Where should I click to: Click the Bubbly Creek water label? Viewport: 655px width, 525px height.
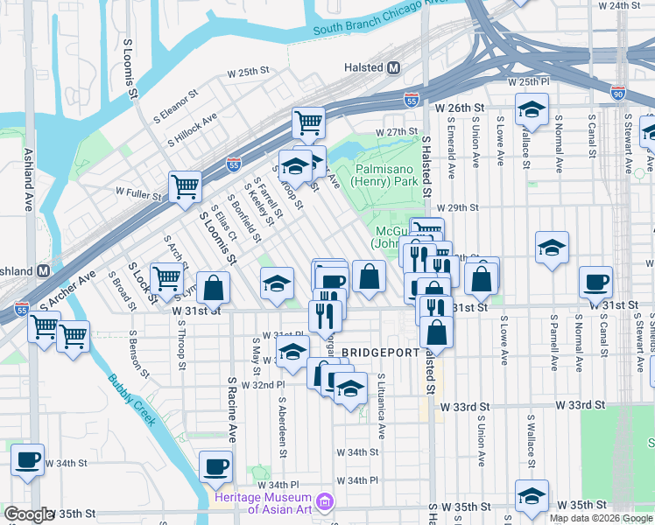click(x=132, y=400)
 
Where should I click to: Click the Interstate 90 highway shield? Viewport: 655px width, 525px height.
click(x=618, y=92)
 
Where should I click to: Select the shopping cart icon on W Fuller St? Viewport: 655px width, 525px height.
click(x=186, y=185)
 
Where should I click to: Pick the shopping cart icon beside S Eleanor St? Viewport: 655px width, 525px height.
click(x=308, y=122)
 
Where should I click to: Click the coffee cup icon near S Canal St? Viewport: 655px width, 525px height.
click(x=595, y=282)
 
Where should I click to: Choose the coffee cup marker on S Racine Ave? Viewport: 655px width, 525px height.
click(x=215, y=465)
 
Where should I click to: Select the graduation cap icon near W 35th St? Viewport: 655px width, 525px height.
click(x=532, y=495)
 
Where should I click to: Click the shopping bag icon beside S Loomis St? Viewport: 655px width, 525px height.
click(x=213, y=286)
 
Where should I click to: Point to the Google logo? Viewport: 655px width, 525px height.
click(x=29, y=515)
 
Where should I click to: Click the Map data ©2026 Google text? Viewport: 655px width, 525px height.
click(x=600, y=518)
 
